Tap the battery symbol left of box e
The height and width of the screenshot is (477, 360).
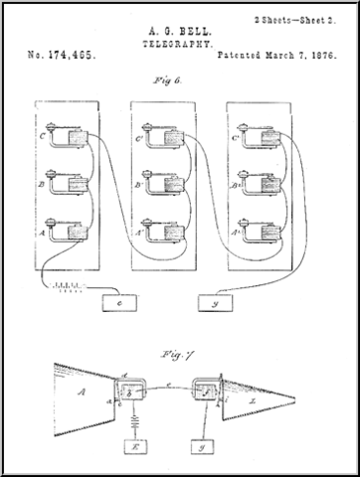coord(66,292)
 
